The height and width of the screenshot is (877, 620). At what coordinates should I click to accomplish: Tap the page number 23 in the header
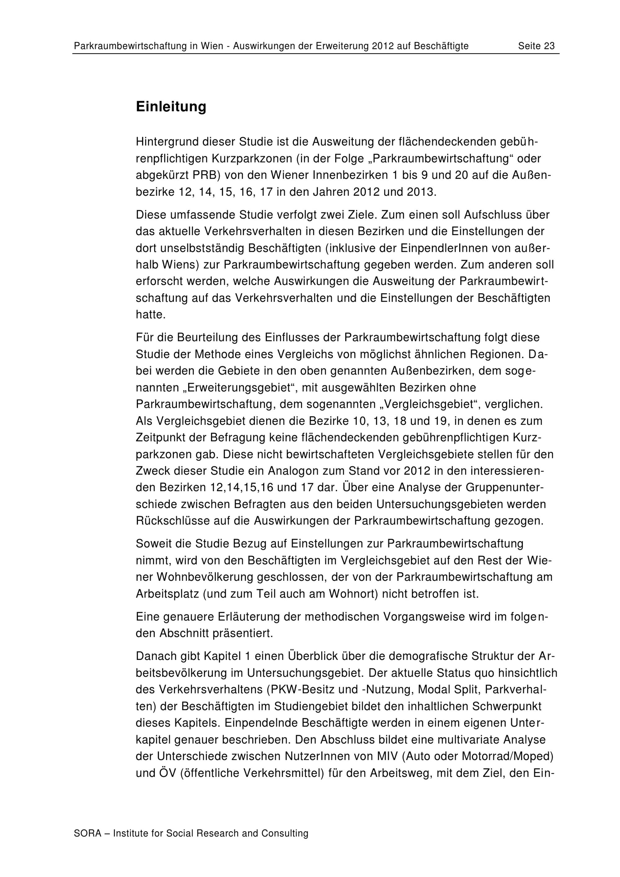549,46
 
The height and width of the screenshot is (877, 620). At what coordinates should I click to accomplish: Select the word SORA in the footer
87,833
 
